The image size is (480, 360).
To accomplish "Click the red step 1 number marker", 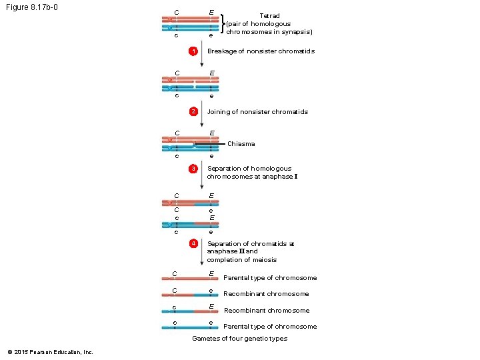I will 193,52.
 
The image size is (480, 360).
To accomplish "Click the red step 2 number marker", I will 193,111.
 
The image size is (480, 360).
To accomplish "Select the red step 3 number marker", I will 193,169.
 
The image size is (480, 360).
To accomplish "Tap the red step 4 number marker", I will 193,244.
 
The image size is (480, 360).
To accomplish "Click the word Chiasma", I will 241,144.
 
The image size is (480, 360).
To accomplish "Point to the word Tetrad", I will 269,15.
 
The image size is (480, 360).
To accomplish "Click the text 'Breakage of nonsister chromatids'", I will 261,51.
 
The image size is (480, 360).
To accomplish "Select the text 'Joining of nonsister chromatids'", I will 257,112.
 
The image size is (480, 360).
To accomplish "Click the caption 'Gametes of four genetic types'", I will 239,339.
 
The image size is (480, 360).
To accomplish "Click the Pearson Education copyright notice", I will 50,352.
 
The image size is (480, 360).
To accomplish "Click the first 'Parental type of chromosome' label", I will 269,278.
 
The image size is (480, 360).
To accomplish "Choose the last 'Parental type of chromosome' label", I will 269,327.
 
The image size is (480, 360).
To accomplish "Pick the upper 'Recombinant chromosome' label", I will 266,294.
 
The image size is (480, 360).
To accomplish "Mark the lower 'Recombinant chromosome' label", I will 266,311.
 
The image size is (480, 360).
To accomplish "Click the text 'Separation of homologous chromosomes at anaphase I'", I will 252,173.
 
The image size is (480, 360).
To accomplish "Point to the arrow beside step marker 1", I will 201,57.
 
